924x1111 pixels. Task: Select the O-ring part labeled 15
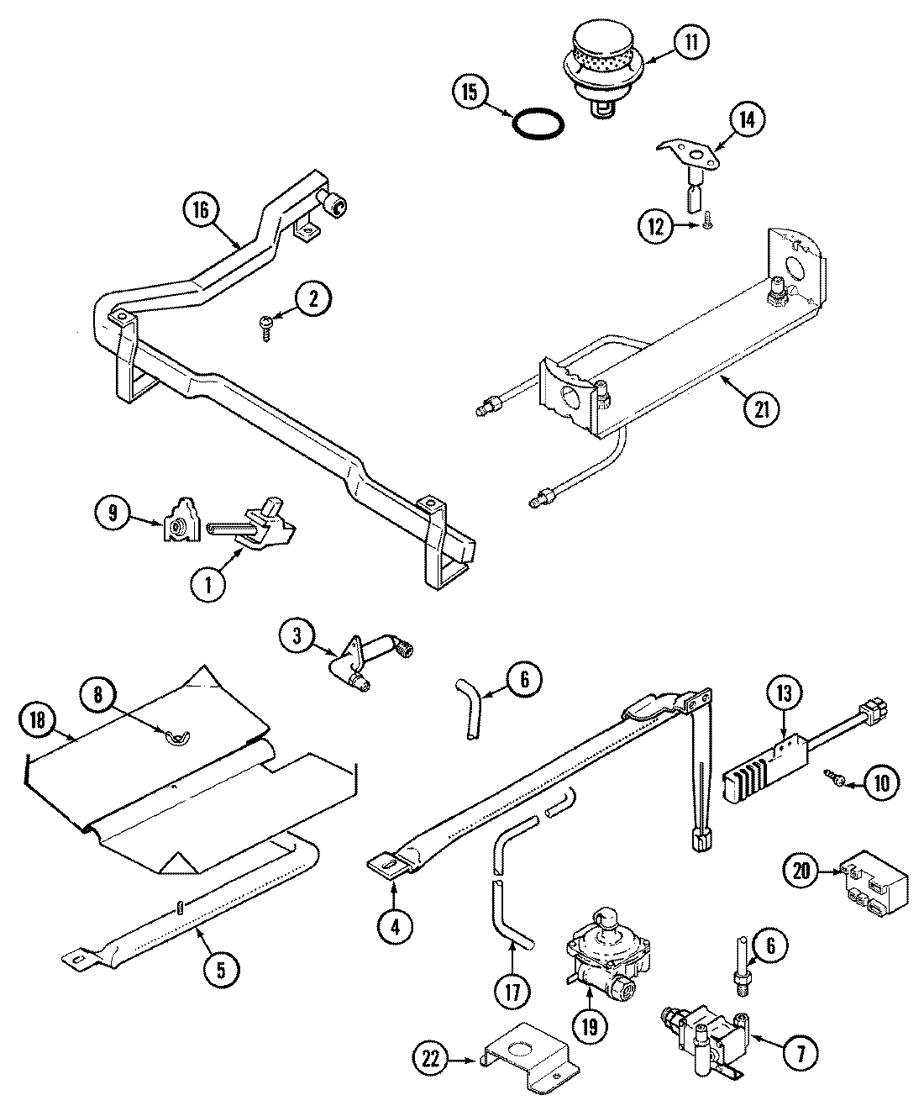point(538,122)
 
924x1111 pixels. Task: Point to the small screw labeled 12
point(706,203)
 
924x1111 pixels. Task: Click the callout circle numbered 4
point(396,926)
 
